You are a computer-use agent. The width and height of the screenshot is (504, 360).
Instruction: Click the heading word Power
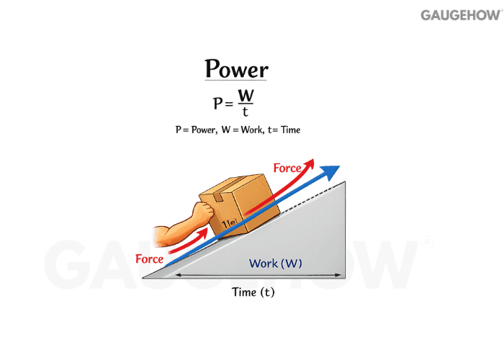point(236,69)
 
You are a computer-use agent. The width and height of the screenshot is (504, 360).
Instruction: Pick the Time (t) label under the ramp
point(253,292)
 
